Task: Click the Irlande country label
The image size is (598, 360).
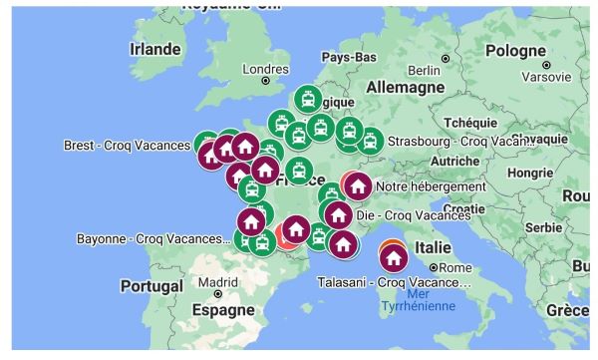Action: coord(155,49)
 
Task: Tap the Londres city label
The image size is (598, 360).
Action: coord(265,69)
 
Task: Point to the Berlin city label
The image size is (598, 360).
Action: coord(424,69)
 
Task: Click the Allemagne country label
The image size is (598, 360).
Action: coord(409,88)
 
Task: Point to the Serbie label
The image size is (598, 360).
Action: coord(543,227)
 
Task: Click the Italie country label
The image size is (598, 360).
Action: coord(435,246)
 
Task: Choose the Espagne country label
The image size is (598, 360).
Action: coord(222,310)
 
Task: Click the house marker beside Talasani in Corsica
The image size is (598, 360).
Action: coord(394,258)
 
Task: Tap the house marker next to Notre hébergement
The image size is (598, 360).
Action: coord(358,185)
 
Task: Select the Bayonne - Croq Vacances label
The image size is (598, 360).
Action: coord(152,239)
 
